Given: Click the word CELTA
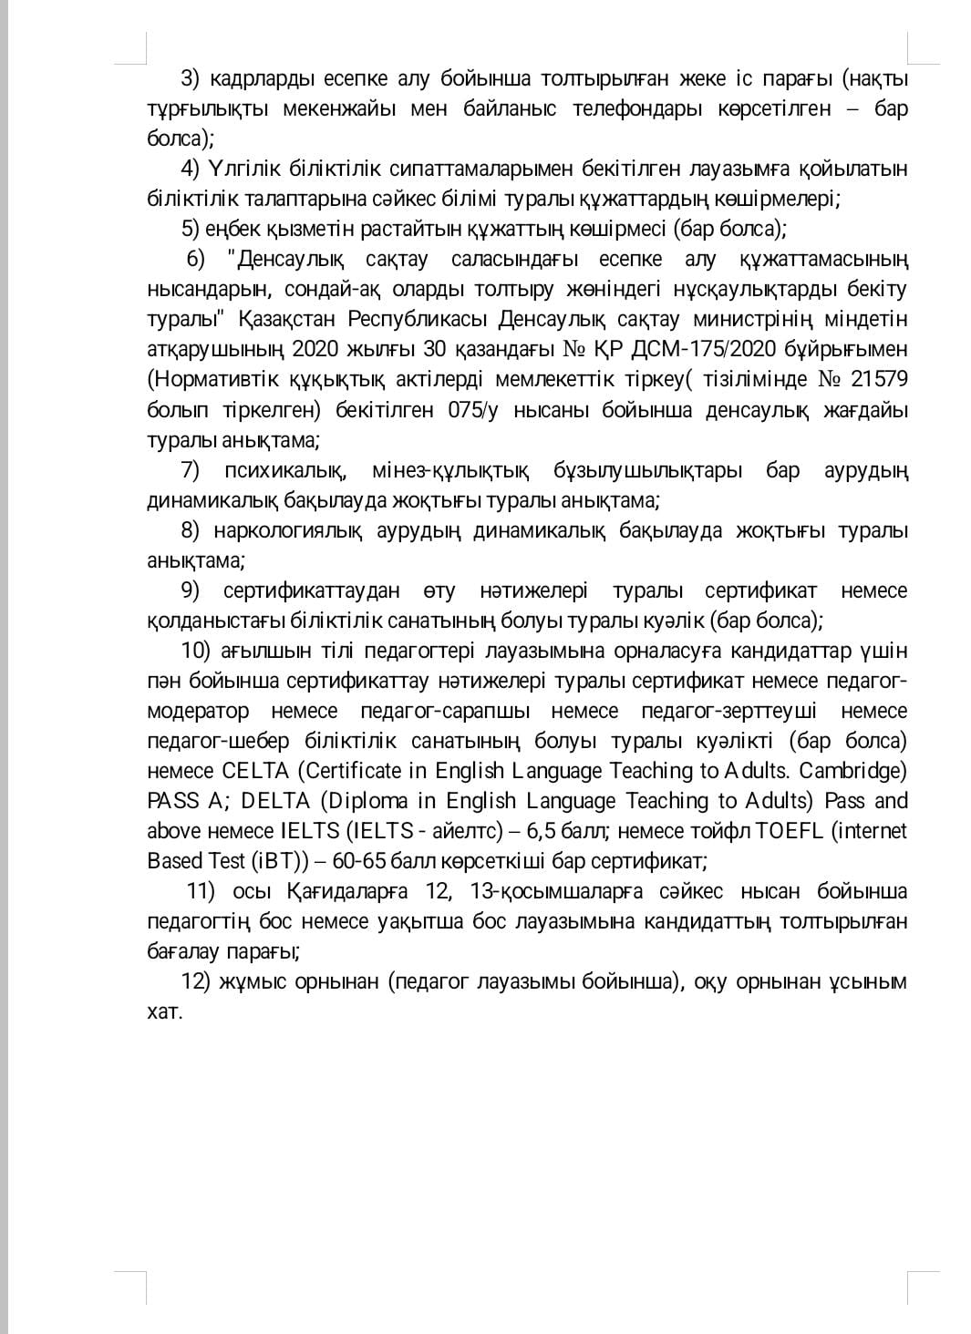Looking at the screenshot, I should tap(254, 771).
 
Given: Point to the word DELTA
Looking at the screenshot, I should tap(277, 801).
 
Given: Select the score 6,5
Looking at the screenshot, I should tap(539, 831).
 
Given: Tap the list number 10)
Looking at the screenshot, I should tap(196, 651).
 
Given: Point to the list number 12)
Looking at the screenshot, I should tap(196, 981).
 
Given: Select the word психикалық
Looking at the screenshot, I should tap(284, 470).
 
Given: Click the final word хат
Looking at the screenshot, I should tap(165, 1011).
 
